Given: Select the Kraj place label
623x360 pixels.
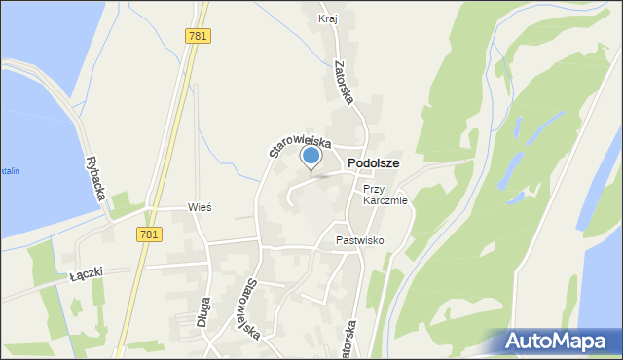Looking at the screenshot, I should pyautogui.click(x=328, y=18).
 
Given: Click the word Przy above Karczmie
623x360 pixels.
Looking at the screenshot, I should pyautogui.click(x=375, y=189).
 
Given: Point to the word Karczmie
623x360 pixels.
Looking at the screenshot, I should pyautogui.click(x=386, y=201).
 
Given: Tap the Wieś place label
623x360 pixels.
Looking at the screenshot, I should pyautogui.click(x=200, y=208).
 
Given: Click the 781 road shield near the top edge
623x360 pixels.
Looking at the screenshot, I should pyautogui.click(x=198, y=35).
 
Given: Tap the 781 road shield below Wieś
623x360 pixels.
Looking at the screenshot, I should pyautogui.click(x=149, y=234).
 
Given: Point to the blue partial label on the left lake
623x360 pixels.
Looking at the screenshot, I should pyautogui.click(x=9, y=171).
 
